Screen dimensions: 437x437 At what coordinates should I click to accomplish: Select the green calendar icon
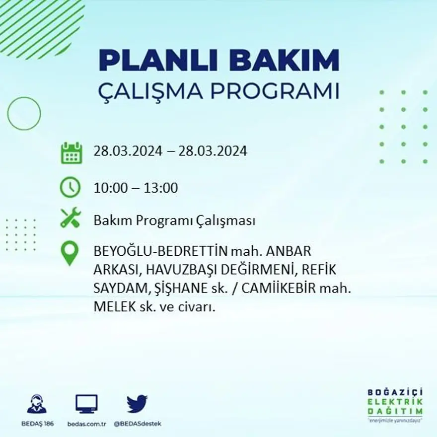[x=71, y=152]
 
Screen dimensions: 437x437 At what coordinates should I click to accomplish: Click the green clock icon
[x=70, y=187]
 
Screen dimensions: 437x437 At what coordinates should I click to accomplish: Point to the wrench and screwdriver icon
[x=70, y=218]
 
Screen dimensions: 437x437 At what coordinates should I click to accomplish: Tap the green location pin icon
[x=70, y=253]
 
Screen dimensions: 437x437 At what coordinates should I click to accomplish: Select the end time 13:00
[x=161, y=188]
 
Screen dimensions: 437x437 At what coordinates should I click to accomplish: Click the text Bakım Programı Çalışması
[x=174, y=220]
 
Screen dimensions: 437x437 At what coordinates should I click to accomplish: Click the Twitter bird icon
[x=137, y=403]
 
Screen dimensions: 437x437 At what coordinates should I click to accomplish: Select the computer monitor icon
[x=86, y=404]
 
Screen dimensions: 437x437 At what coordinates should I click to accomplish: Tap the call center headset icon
[x=37, y=404]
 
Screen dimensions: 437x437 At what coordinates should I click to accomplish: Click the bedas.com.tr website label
[x=86, y=424]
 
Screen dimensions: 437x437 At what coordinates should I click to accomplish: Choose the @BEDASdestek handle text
[x=138, y=424]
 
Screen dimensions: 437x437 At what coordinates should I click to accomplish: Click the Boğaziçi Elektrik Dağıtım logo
[x=395, y=403]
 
